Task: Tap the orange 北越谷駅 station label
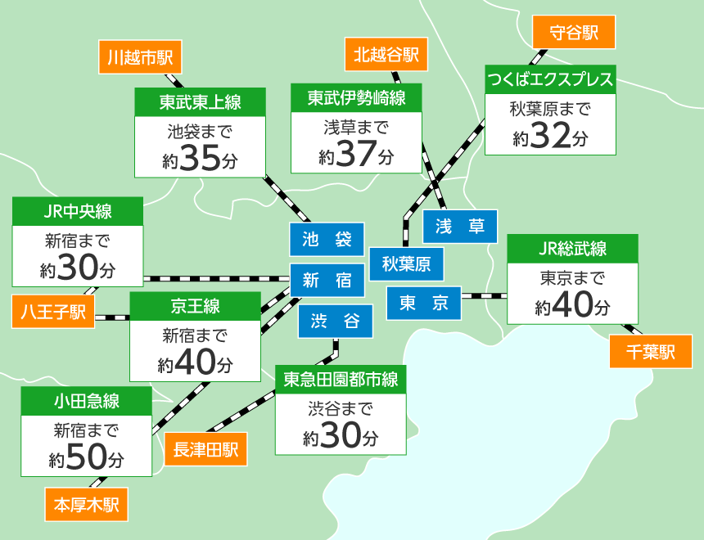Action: coord(386,55)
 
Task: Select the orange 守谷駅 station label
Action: coord(574,33)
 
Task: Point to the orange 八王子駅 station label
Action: coord(53,312)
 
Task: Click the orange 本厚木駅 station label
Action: coord(86,504)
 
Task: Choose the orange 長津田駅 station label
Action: coord(205,449)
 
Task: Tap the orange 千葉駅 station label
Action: coord(651,352)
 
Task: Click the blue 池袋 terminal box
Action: coord(327,240)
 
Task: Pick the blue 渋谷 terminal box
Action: coord(335,322)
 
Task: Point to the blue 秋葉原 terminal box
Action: coord(406,264)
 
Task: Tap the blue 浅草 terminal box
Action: coord(460,227)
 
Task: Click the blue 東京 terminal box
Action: coord(424,304)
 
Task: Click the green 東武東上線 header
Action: coord(201,102)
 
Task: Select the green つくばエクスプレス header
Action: coord(549,80)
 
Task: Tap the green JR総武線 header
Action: coord(572,249)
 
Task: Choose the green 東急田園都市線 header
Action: coord(341,380)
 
